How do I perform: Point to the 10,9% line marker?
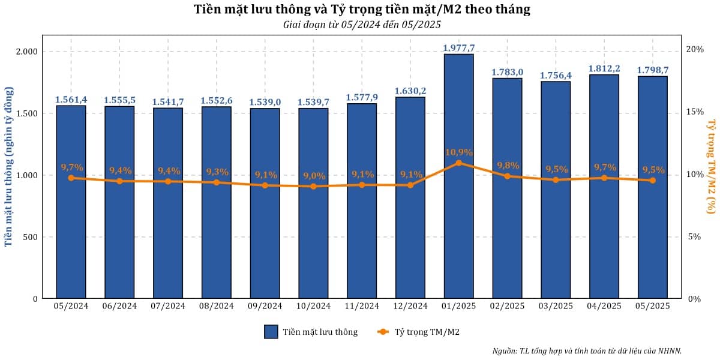tap(458, 163)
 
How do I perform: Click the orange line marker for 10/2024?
tap(313, 187)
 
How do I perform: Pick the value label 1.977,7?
tap(458, 48)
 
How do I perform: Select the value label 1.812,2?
tap(604, 68)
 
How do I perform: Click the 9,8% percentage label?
tap(507, 166)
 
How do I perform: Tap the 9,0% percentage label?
tap(313, 176)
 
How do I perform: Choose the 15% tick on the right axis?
tap(695, 112)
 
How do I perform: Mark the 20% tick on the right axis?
tap(695, 49)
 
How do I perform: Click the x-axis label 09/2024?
tap(265, 306)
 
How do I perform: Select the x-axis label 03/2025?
tap(555, 306)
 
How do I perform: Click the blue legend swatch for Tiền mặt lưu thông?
tap(271, 332)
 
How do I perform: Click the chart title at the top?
tap(362, 10)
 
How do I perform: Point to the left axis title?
tap(8, 165)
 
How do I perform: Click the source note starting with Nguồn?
tap(587, 351)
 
